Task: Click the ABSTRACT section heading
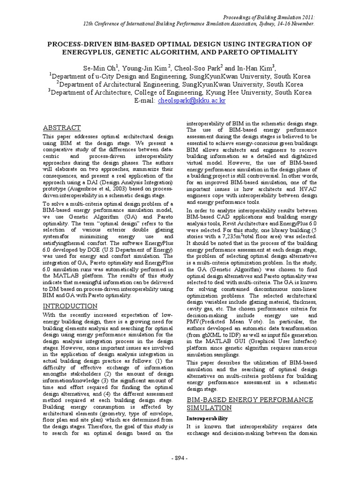[62, 127]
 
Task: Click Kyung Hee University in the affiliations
[236, 93]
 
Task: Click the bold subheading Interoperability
[207, 418]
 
